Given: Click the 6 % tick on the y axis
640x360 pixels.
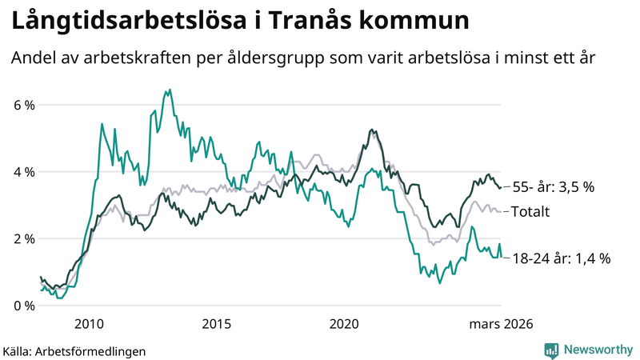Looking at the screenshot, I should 22,105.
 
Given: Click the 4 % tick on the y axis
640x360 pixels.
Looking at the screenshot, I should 22,172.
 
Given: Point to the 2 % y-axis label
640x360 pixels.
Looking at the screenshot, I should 22,238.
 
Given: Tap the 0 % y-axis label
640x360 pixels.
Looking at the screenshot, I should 22,306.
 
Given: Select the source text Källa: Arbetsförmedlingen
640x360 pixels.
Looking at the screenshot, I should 74,350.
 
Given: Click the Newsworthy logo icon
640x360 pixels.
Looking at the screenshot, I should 551,350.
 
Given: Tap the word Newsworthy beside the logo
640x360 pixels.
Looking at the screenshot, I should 598,350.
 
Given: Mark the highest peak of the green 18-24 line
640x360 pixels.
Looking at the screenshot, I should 166,90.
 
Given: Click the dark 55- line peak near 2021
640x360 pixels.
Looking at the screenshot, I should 371,130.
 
